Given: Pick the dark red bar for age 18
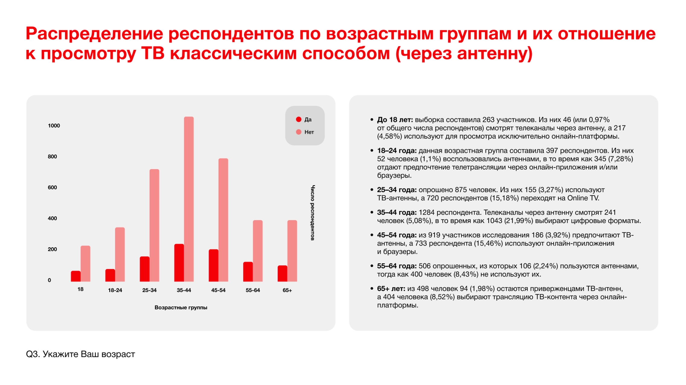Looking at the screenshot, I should (x=76, y=276).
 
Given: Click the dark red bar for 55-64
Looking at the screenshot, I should (x=248, y=271).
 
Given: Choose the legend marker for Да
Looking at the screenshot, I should (x=299, y=120).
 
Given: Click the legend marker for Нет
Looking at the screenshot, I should (x=299, y=132).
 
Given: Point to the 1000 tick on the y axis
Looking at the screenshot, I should (x=54, y=126).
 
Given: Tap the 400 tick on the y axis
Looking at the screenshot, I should (x=52, y=218).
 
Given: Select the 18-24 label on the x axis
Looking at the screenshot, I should (x=115, y=290).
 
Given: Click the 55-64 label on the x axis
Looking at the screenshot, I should (x=253, y=290).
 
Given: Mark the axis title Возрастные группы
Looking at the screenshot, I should (x=181, y=308).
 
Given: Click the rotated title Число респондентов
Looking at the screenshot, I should (x=312, y=213).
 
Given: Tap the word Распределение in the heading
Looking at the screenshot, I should (x=94, y=34).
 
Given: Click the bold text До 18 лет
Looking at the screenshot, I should (x=395, y=120).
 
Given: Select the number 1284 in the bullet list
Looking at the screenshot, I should (x=426, y=212).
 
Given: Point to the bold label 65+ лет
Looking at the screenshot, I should (x=391, y=289).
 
